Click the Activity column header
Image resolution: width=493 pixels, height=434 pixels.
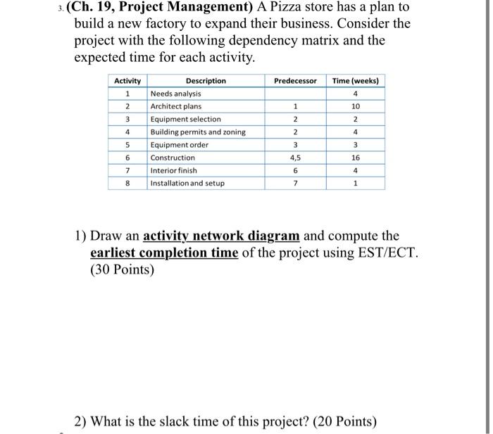pos(127,81)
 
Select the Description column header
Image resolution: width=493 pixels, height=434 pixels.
pos(206,81)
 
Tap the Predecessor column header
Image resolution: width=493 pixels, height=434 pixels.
pos(296,81)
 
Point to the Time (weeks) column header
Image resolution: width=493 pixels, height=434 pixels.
pos(356,81)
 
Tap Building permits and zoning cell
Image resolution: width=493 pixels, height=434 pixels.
pos(198,132)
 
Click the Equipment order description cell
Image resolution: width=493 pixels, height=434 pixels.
pos(180,145)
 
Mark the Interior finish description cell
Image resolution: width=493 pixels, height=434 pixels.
pos(174,170)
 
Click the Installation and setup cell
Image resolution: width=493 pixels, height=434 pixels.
pos(187,183)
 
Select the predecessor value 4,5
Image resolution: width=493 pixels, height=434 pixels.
pos(296,158)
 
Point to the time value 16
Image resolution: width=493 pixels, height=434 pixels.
pos(356,158)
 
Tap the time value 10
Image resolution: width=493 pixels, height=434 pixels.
pos(356,106)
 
